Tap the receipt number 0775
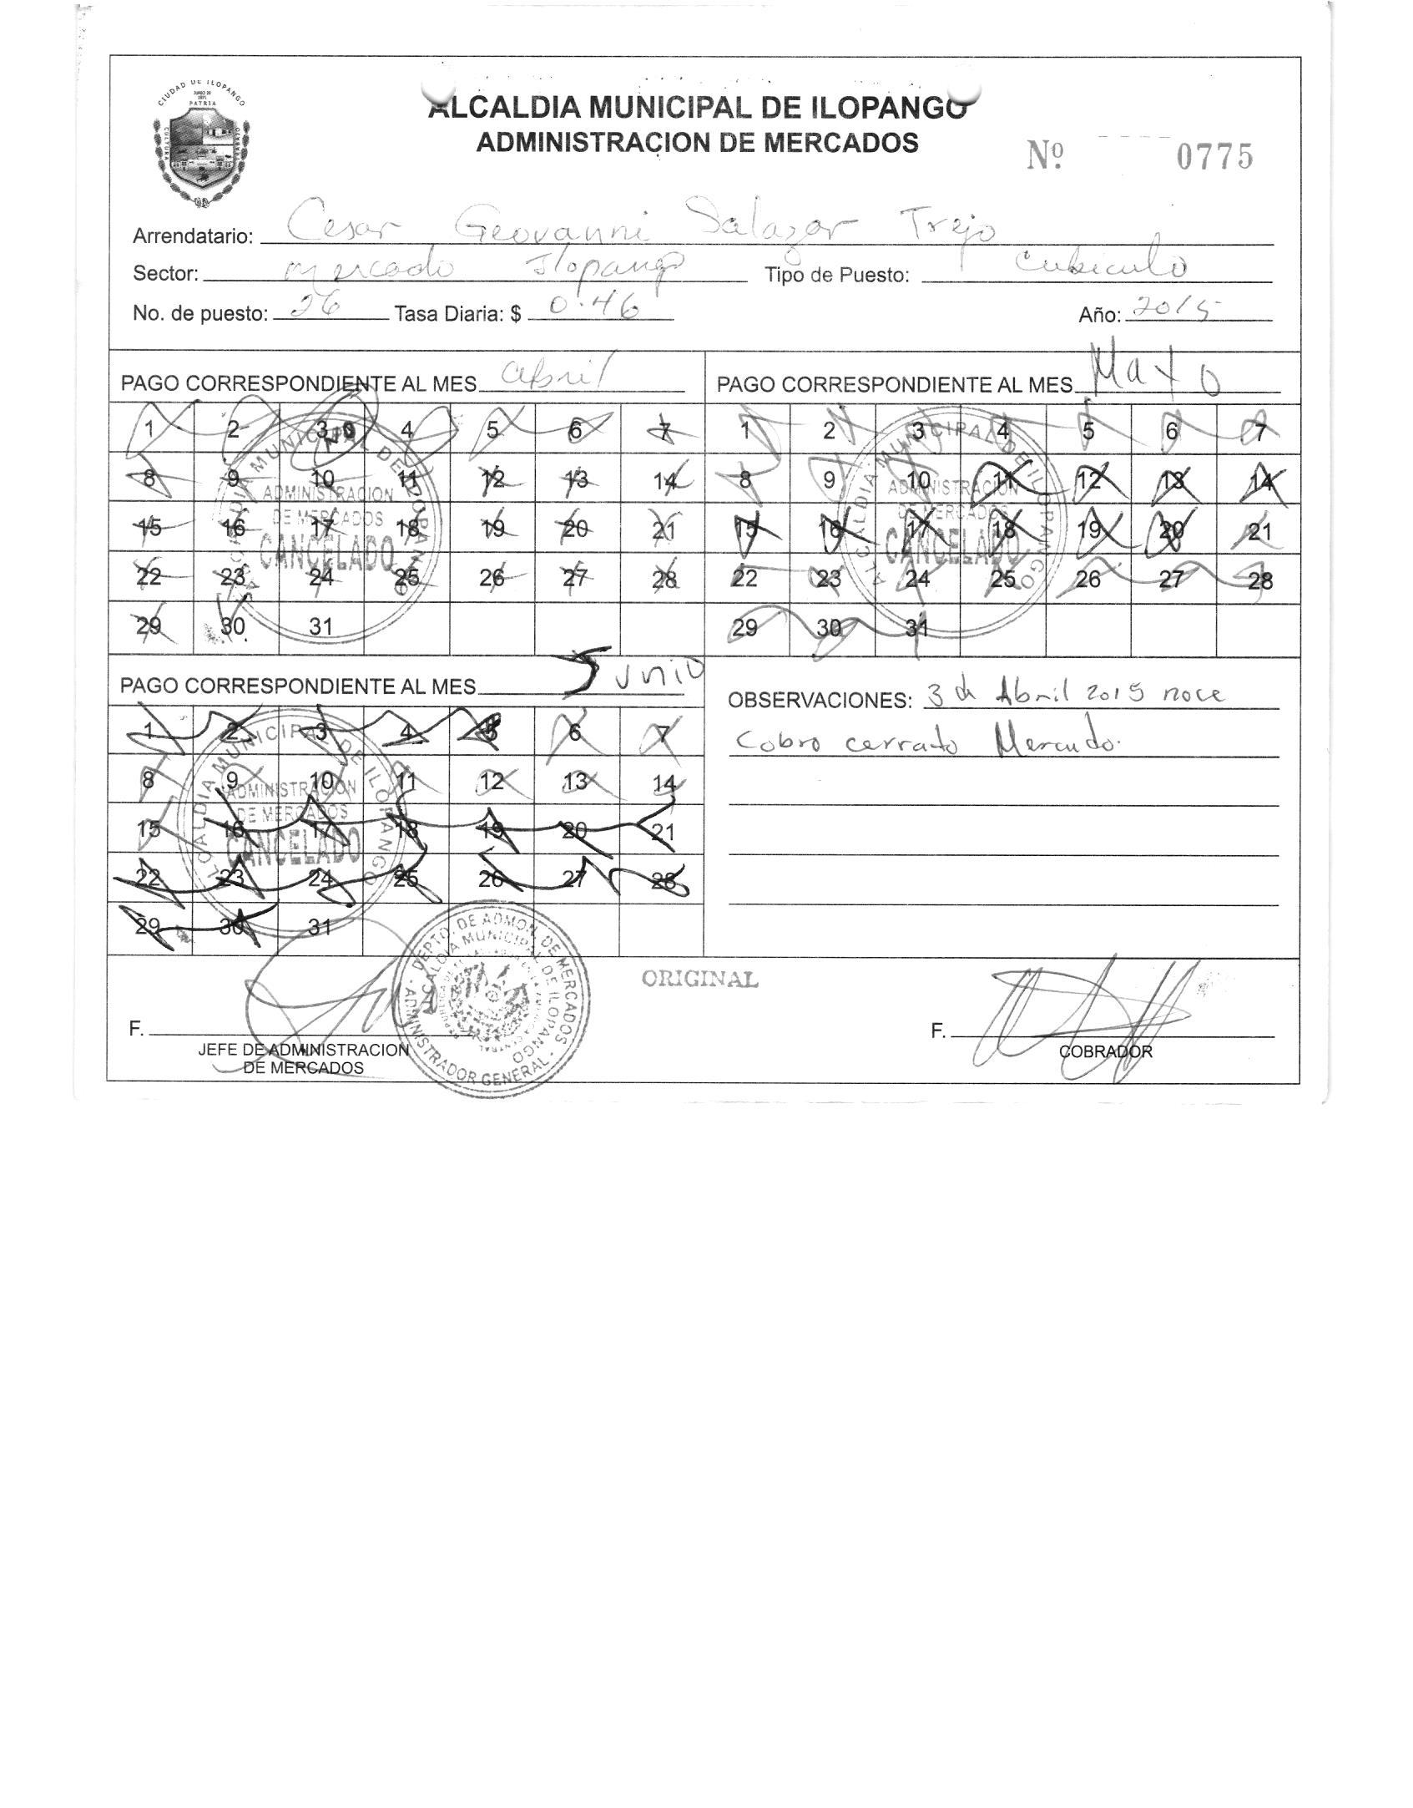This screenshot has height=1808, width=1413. point(1214,157)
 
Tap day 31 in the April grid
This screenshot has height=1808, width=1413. point(321,626)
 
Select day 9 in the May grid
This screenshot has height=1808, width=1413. point(829,480)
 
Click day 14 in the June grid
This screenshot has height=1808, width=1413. point(664,783)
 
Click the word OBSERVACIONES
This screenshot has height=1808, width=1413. point(820,700)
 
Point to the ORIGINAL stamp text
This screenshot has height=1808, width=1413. point(699,979)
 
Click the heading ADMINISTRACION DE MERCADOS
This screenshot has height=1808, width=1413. point(697,143)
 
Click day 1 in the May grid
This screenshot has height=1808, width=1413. point(745,431)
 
